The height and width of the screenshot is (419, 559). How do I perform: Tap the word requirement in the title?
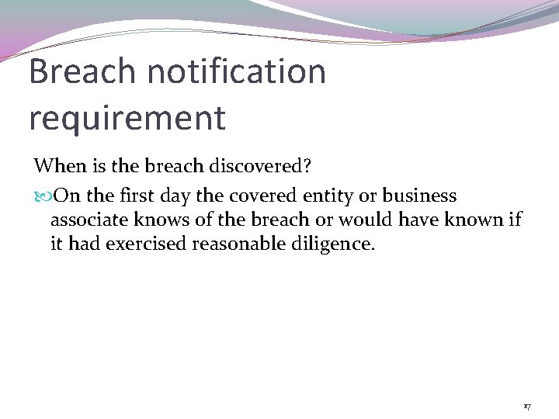(x=127, y=118)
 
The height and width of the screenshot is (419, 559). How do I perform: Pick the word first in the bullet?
(x=154, y=195)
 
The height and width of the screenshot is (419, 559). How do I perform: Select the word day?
(x=195, y=195)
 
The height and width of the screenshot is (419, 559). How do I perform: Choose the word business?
(x=419, y=195)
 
